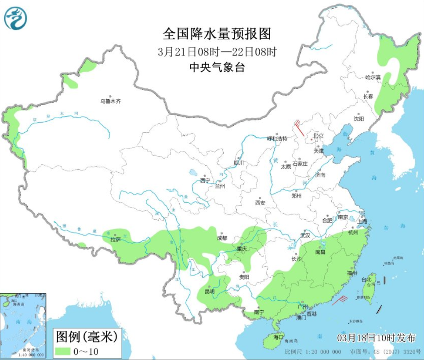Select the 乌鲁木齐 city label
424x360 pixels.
click(x=110, y=102)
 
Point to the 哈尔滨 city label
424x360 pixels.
click(x=373, y=77)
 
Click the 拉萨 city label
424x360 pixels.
click(x=116, y=240)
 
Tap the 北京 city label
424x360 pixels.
click(x=318, y=136)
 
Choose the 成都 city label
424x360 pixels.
click(x=222, y=238)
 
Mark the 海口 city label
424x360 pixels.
click(x=278, y=337)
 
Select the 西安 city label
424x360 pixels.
click(x=260, y=203)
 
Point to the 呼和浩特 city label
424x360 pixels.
click(x=277, y=138)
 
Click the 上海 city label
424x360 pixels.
click(x=362, y=222)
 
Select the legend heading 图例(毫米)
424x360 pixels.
click(x=87, y=337)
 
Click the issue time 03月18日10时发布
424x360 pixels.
click(x=376, y=338)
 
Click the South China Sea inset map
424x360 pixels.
click(x=23, y=325)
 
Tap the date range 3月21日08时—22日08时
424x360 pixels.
click(x=217, y=51)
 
